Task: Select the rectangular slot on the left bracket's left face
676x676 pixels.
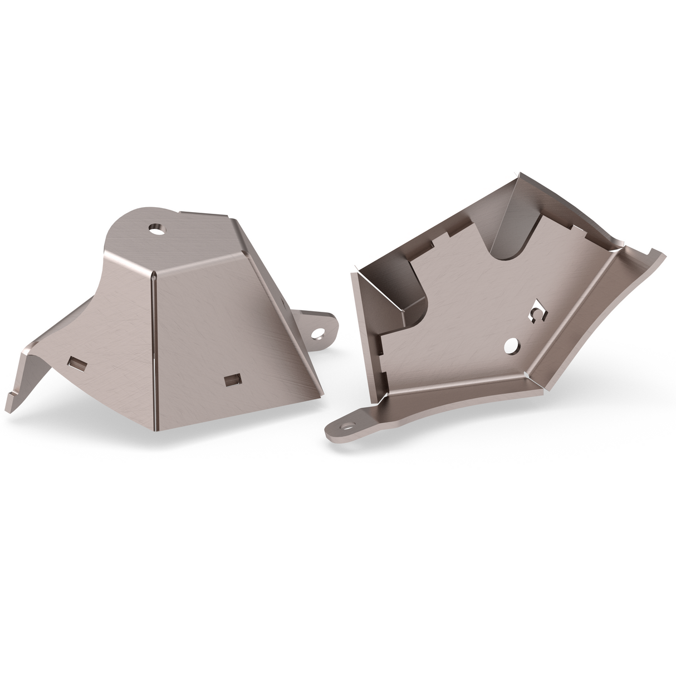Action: pyautogui.click(x=76, y=364)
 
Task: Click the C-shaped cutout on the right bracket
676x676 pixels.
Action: pyautogui.click(x=537, y=313)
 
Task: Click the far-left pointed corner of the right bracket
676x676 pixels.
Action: pyautogui.click(x=353, y=272)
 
